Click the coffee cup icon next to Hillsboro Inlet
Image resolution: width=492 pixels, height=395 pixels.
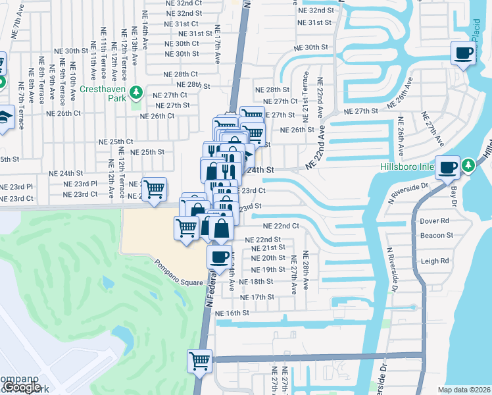click(x=448, y=167)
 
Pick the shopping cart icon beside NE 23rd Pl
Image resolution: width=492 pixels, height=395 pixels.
click(x=154, y=190)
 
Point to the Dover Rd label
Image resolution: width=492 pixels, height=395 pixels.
click(x=434, y=221)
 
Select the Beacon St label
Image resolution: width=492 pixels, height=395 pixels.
click(x=437, y=235)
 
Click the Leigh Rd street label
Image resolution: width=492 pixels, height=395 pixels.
click(x=434, y=261)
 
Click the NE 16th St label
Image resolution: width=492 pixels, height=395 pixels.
click(x=232, y=313)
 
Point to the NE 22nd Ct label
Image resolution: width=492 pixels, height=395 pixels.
click(x=282, y=226)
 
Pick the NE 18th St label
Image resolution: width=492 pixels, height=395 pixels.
click(x=257, y=282)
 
